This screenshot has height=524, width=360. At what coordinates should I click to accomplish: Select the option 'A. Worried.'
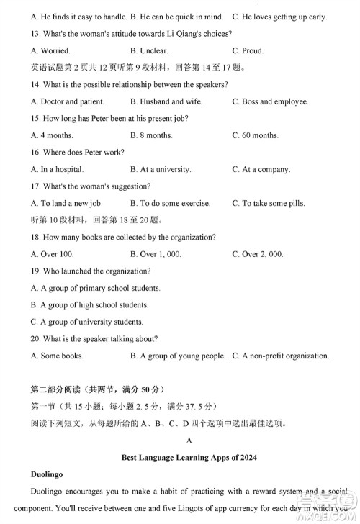click(50, 51)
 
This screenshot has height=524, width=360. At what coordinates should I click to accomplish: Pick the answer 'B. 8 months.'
click(151, 135)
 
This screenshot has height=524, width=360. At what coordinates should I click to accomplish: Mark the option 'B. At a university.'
click(161, 169)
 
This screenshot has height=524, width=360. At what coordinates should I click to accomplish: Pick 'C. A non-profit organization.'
click(281, 356)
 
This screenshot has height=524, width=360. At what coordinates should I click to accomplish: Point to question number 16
click(37, 153)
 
